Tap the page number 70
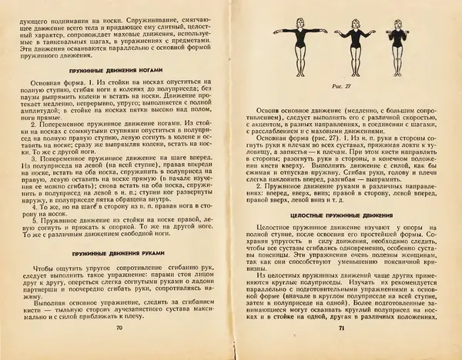coord(119,350)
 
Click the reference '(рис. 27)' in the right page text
coord(329,142)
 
